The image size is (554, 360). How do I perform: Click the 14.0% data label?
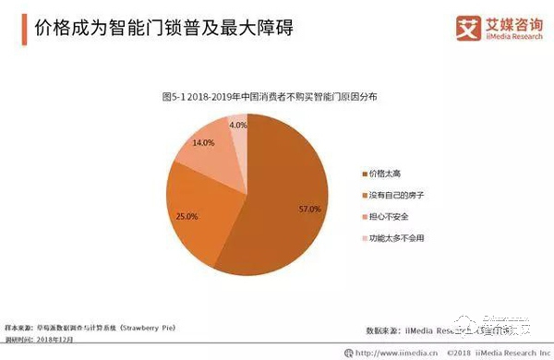tap(203, 143)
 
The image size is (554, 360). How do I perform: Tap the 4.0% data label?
tap(237, 125)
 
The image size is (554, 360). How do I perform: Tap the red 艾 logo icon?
tap(443, 25)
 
